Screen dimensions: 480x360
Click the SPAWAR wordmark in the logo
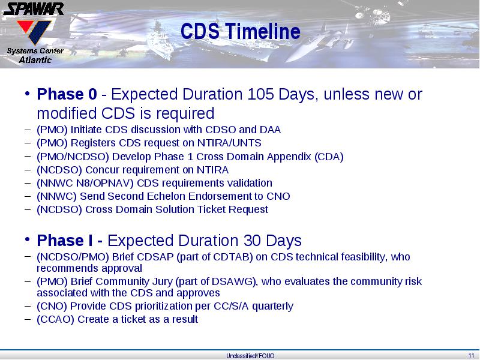34,9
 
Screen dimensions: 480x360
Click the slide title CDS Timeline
241,31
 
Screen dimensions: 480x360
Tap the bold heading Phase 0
67,94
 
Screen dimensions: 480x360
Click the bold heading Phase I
65,241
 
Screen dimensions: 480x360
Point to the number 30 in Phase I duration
253,241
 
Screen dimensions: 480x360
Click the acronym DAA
270,130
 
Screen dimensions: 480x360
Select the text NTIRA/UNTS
229,143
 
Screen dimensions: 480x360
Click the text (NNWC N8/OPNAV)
85,183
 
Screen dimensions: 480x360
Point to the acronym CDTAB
231,257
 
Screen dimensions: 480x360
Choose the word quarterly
273,306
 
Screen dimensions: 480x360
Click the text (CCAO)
55,319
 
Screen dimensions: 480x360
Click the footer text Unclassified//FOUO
250,356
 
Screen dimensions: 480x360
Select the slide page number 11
471,356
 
